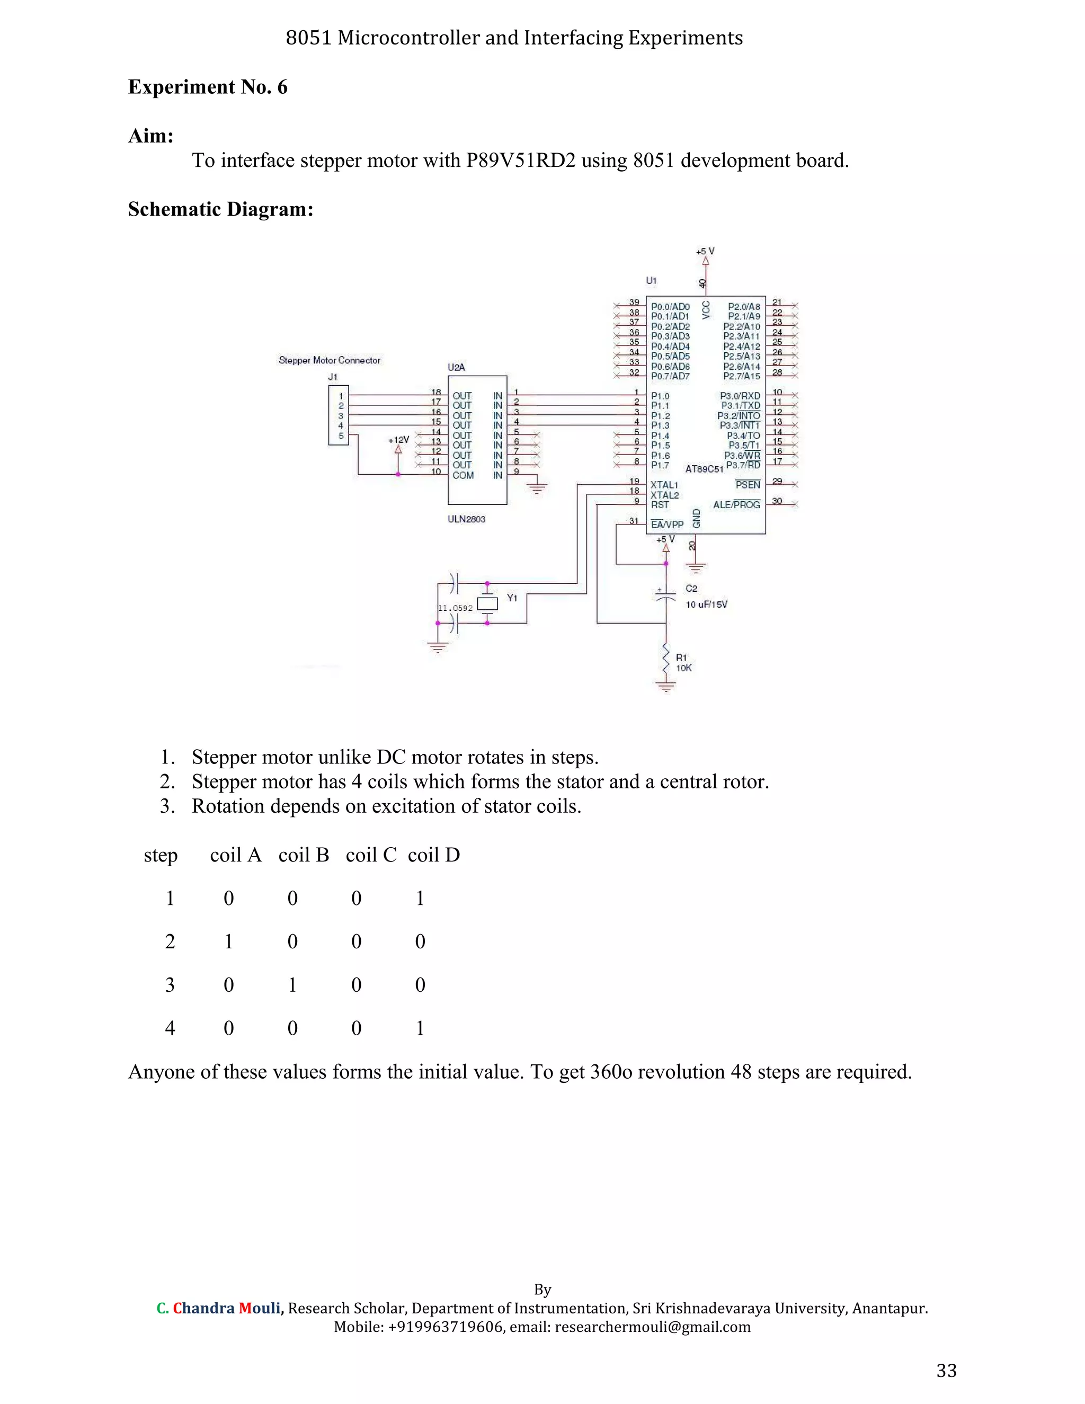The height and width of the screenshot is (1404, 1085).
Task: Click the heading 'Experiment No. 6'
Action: click(x=208, y=87)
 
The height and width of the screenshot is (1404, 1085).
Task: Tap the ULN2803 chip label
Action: click(x=467, y=519)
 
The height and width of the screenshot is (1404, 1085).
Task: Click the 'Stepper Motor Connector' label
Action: click(x=329, y=361)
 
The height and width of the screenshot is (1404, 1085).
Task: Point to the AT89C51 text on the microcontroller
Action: click(x=704, y=469)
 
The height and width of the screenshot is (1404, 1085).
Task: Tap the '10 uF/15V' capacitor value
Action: click(x=706, y=605)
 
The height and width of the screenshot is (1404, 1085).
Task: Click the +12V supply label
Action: click(x=398, y=440)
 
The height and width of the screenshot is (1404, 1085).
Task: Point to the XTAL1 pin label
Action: click(x=664, y=485)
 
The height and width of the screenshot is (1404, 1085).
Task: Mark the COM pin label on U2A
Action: click(x=463, y=476)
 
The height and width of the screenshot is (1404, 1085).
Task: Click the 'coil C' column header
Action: click(x=371, y=855)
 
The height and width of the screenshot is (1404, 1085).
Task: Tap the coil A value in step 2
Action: click(x=229, y=942)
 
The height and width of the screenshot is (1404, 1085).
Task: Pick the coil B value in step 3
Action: click(x=292, y=985)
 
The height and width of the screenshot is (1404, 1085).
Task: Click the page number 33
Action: click(x=946, y=1371)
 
